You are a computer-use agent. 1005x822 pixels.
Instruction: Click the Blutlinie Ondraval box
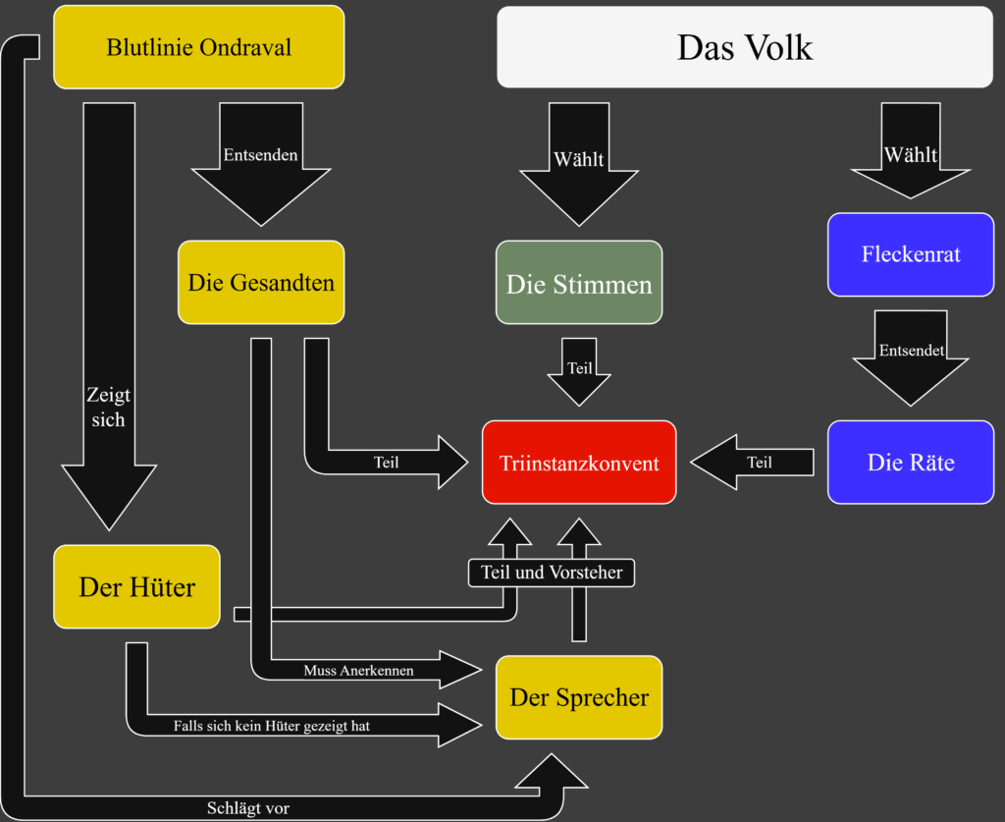point(198,46)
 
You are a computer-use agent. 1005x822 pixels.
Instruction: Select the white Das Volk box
point(745,47)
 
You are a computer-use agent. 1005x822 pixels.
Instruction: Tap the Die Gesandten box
point(261,283)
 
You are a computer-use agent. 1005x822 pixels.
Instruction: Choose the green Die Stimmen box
point(579,283)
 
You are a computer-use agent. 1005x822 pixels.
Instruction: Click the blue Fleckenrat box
point(911,254)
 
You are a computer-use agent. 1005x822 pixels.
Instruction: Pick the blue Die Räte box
point(911,463)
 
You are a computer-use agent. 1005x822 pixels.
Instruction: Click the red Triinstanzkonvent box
point(579,463)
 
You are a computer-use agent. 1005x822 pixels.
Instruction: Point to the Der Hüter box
point(136,587)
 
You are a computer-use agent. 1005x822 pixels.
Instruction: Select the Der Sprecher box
point(579,697)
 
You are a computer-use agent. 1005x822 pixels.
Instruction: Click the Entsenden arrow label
point(260,155)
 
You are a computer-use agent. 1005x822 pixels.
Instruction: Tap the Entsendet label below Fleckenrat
point(912,350)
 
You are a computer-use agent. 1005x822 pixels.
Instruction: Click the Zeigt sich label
point(108,407)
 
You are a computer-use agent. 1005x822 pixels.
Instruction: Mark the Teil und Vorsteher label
point(552,572)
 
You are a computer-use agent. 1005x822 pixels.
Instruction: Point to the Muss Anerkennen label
point(358,671)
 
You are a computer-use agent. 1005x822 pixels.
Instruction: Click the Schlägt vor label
point(248,808)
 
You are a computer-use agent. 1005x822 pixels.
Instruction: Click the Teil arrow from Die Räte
point(758,463)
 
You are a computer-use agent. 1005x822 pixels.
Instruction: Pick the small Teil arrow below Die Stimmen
point(579,369)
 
